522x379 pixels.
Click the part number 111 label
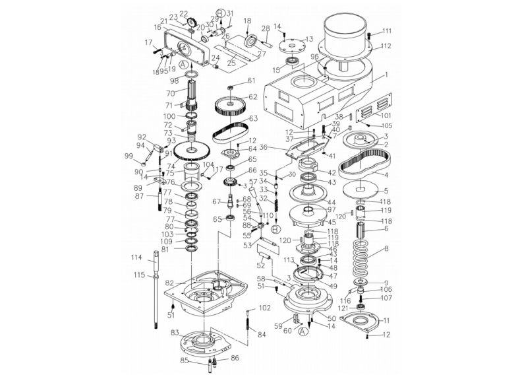tap(387, 31)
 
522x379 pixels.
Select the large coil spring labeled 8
tap(362, 258)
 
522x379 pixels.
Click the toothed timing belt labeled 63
tap(228, 125)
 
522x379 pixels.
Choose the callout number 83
tap(175, 333)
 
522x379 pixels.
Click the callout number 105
tap(387, 125)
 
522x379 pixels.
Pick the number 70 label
tap(170, 93)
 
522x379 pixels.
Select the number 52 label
tap(261, 265)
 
